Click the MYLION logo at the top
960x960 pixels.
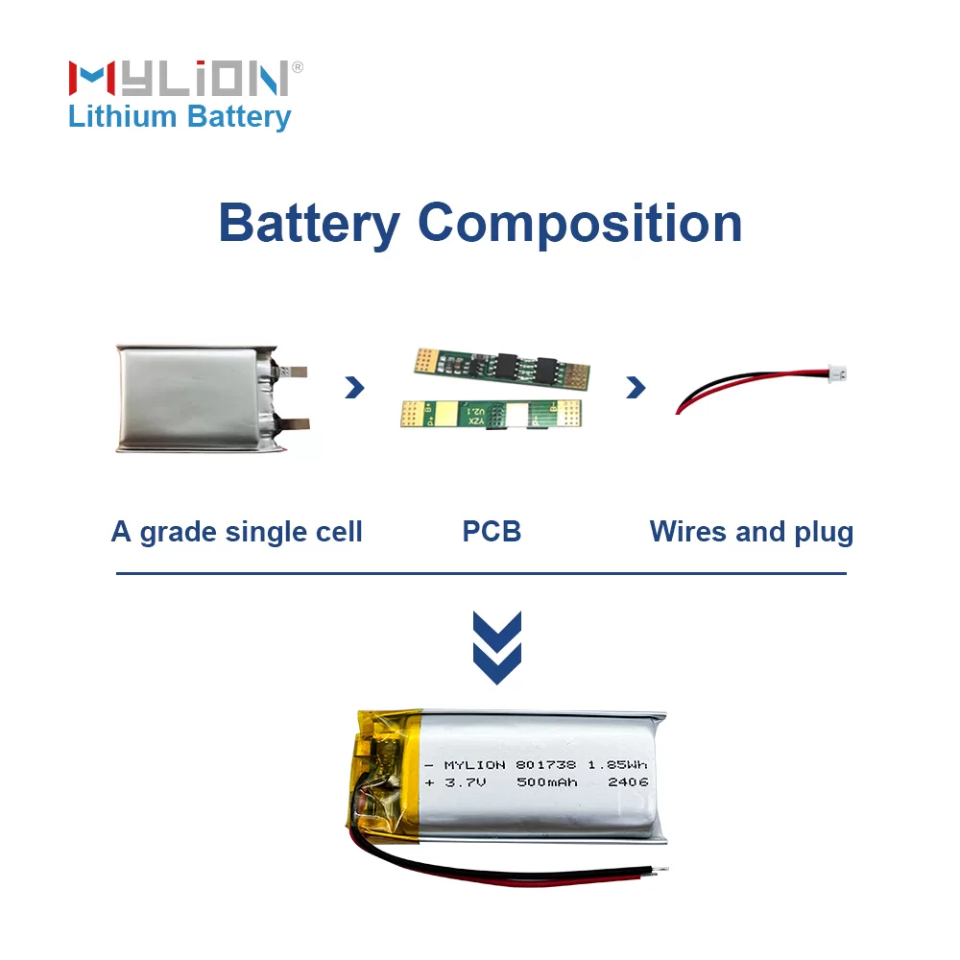pyautogui.click(x=179, y=78)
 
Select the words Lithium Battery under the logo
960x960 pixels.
pyautogui.click(x=180, y=117)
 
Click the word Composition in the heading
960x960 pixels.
pyautogui.click(x=580, y=223)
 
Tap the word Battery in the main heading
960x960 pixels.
pyautogui.click(x=308, y=223)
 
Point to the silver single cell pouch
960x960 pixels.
pyautogui.click(x=192, y=397)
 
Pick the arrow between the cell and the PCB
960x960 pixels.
pyautogui.click(x=354, y=387)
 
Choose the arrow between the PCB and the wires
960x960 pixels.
pyautogui.click(x=635, y=387)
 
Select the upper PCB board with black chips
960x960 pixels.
pyautogui.click(x=500, y=366)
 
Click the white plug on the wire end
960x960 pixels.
pyautogui.click(x=836, y=371)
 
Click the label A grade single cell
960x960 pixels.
pyautogui.click(x=236, y=531)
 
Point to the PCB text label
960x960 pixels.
pyautogui.click(x=492, y=531)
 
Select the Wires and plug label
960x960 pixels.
pyautogui.click(x=751, y=531)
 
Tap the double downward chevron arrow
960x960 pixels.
pyautogui.click(x=497, y=647)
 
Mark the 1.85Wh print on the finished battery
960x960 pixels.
pyautogui.click(x=617, y=764)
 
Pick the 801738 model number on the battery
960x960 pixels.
pyautogui.click(x=545, y=764)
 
